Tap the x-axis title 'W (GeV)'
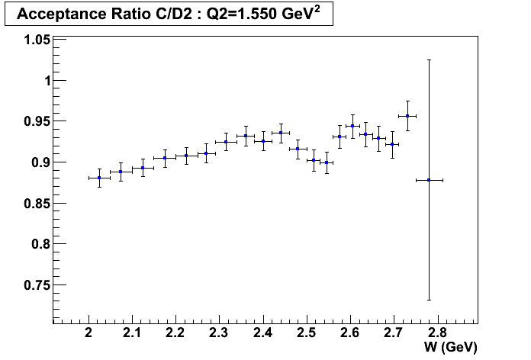click(452, 347)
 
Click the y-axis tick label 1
click(45, 81)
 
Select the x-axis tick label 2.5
click(307, 333)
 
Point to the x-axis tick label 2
click(89, 333)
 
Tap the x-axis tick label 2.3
click(220, 333)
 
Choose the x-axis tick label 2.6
click(350, 333)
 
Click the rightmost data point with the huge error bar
click(429, 180)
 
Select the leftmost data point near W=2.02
click(99, 178)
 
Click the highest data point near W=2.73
click(407, 116)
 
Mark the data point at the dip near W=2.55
click(327, 162)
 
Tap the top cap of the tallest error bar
click(429, 60)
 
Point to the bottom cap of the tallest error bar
click(429, 300)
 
